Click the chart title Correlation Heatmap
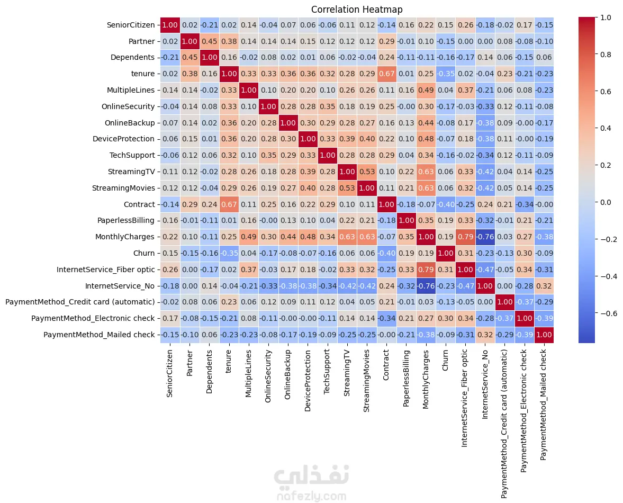[x=356, y=10]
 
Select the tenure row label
[x=142, y=74]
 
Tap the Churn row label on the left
[x=144, y=253]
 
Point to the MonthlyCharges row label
[x=125, y=237]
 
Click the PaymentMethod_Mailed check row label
[x=99, y=335]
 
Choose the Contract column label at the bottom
[x=386, y=365]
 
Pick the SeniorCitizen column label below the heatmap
[x=170, y=373]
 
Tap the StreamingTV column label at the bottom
[x=347, y=373]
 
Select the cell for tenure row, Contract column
[x=386, y=74]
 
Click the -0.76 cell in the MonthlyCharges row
[x=485, y=237]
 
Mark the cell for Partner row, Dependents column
[x=210, y=41]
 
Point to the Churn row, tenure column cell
[x=229, y=253]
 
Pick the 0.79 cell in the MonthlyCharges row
[x=465, y=237]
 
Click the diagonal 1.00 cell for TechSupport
[x=328, y=155]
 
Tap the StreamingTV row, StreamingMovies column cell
[x=367, y=172]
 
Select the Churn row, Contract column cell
[x=386, y=253]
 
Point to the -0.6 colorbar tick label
[x=608, y=313]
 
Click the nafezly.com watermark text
[x=311, y=496]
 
